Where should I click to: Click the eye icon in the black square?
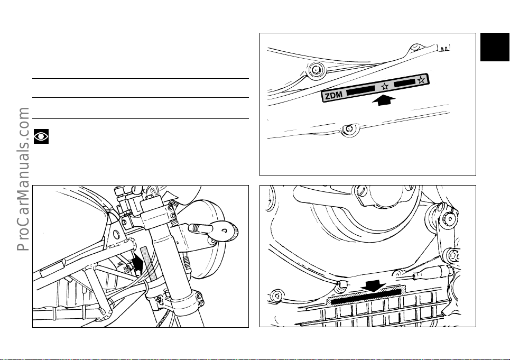pos(41,136)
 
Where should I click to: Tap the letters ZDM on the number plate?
pos(333,95)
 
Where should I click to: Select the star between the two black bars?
pos(385,87)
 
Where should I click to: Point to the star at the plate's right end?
pos(421,80)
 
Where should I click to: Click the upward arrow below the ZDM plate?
pos(384,100)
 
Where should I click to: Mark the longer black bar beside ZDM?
pos(361,90)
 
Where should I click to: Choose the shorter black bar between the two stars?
pos(405,83)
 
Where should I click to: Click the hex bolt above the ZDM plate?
pos(317,70)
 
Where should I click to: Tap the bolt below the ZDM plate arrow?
pos(349,129)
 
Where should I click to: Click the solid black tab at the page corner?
pos(495,47)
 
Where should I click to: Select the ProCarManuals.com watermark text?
pos(23,179)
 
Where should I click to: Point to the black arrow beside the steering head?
pos(137,262)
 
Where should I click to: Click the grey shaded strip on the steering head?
pos(149,263)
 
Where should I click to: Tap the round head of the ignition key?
pos(224,231)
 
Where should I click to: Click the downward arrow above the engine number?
pos(374,286)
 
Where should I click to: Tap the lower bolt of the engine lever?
pos(453,255)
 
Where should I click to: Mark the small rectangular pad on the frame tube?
pos(53,267)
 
